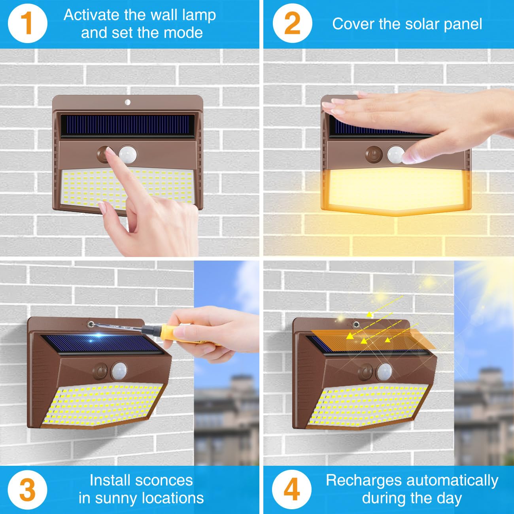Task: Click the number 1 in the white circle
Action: point(26,23)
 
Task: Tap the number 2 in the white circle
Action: point(292,23)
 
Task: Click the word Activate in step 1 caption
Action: point(91,15)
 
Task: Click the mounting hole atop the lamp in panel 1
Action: point(127,102)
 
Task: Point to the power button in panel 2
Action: point(372,154)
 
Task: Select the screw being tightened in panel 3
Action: point(91,324)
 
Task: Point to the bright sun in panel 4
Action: point(490,285)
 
